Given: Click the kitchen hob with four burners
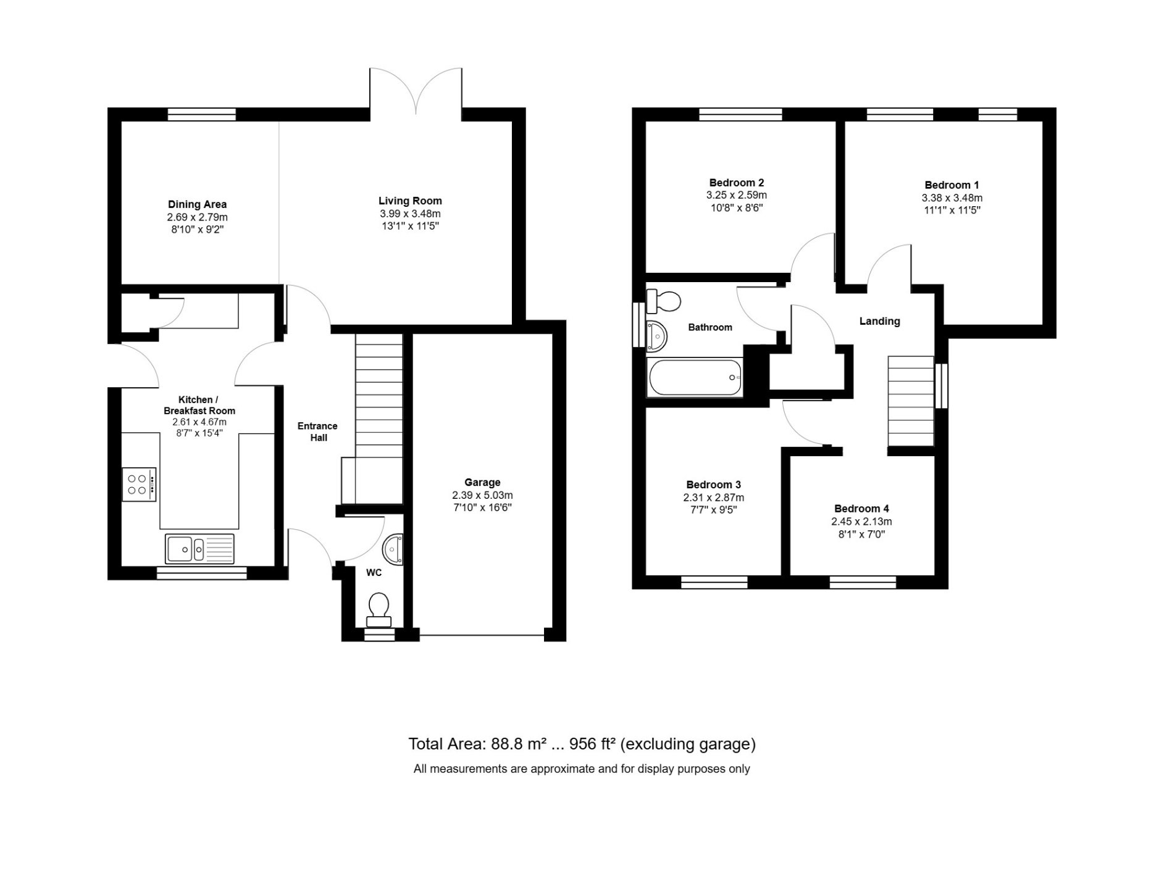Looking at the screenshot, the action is pos(139,484).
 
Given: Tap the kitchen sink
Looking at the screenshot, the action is pos(199,548).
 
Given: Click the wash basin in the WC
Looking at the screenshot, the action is pos(393,550).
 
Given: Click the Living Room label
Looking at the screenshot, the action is pos(410,201).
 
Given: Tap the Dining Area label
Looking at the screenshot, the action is pos(197,204).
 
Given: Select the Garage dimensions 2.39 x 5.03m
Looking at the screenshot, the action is pos(482,495).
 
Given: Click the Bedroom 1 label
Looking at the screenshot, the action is pos(952,185).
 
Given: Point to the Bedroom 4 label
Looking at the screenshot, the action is pos(861,509).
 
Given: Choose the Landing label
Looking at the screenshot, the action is pos(879,321).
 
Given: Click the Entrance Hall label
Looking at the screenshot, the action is pos(317,432).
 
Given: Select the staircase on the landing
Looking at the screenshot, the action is pos(910,401).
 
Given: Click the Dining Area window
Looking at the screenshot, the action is pos(202,114).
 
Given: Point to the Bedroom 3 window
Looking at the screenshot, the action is pos(714,582).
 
